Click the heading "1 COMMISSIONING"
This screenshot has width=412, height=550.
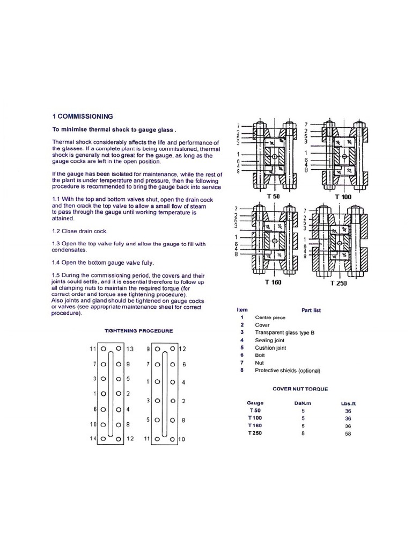[82, 116]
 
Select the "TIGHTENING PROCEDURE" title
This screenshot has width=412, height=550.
[138, 331]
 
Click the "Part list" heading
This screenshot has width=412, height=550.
[311, 310]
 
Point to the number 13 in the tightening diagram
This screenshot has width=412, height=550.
[129, 349]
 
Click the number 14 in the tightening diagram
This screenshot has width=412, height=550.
[92, 439]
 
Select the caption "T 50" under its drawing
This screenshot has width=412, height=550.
[274, 197]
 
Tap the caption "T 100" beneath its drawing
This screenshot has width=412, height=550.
[343, 197]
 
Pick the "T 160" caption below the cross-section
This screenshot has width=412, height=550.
[274, 283]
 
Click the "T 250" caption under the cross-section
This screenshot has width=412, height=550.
[341, 283]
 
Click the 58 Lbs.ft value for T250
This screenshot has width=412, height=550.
[348, 433]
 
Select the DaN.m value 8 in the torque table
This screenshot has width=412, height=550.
[303, 433]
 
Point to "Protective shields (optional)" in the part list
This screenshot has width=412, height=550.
[288, 370]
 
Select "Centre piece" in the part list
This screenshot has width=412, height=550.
[270, 317]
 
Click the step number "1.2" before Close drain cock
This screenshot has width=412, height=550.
[57, 231]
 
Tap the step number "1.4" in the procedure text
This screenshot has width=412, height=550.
[57, 263]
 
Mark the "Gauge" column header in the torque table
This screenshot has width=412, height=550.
[255, 402]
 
